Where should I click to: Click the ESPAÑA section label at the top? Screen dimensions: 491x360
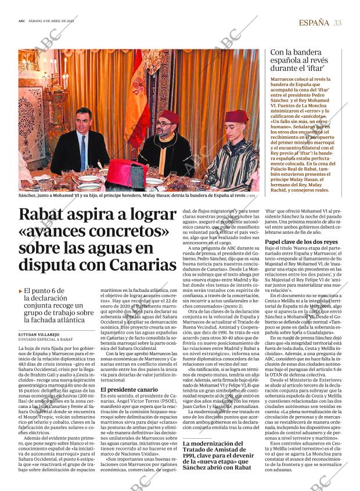313,23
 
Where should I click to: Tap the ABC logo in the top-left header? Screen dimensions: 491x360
22,23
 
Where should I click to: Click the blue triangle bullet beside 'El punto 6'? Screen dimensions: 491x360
20,290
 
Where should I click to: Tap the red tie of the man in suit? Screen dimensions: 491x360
82,151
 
